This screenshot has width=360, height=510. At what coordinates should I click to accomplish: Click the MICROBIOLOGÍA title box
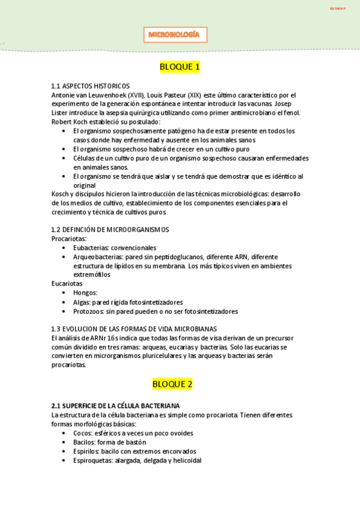click(x=175, y=35)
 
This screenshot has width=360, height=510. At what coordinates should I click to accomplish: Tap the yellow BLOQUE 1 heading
click(x=180, y=67)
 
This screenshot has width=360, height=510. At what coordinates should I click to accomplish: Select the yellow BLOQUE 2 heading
click(x=180, y=383)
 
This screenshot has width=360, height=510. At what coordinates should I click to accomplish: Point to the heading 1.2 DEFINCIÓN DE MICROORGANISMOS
click(x=110, y=229)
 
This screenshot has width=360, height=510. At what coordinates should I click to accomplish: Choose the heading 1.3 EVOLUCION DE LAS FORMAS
click(x=134, y=329)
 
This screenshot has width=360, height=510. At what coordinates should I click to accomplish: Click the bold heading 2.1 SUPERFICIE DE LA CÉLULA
click(x=115, y=406)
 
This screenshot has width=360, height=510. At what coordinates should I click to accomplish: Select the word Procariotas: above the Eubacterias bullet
click(x=69, y=239)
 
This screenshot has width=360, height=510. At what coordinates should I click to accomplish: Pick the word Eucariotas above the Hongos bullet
click(x=67, y=283)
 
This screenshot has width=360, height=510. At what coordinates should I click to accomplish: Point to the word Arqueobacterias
click(x=98, y=257)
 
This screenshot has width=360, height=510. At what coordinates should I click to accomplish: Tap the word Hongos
click(x=85, y=293)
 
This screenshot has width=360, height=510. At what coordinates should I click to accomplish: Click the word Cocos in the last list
click(x=83, y=433)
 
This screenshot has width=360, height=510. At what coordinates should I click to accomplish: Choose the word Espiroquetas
click(x=93, y=461)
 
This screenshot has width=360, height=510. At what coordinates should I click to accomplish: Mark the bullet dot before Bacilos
click(x=64, y=443)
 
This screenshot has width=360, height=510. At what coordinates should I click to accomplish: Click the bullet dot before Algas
click(x=64, y=303)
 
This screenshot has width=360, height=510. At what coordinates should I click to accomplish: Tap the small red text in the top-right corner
click(x=338, y=8)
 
